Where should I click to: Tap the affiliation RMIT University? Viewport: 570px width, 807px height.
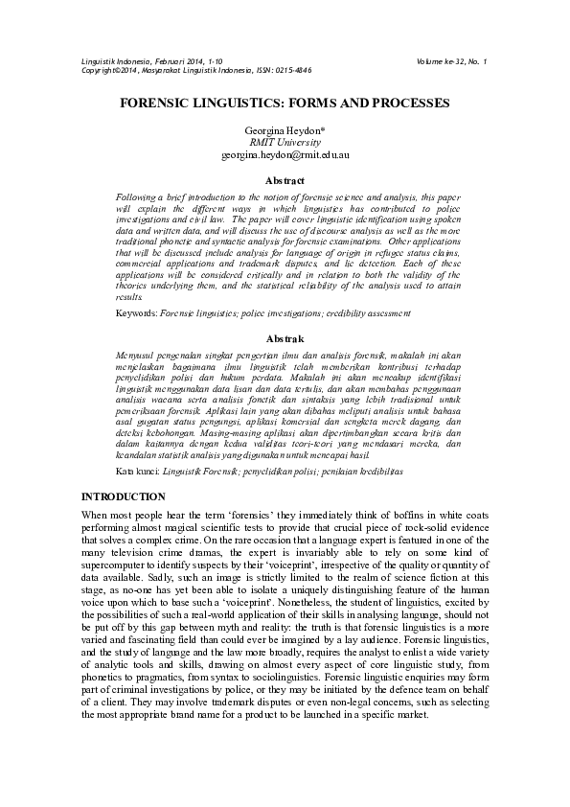tap(285, 140)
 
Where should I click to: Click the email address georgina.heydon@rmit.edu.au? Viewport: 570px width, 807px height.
tap(285, 153)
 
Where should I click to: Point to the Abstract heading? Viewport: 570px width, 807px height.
tap(285, 180)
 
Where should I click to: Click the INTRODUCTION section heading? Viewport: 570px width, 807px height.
tap(125, 496)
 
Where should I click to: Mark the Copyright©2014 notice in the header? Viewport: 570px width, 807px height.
tap(109, 71)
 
